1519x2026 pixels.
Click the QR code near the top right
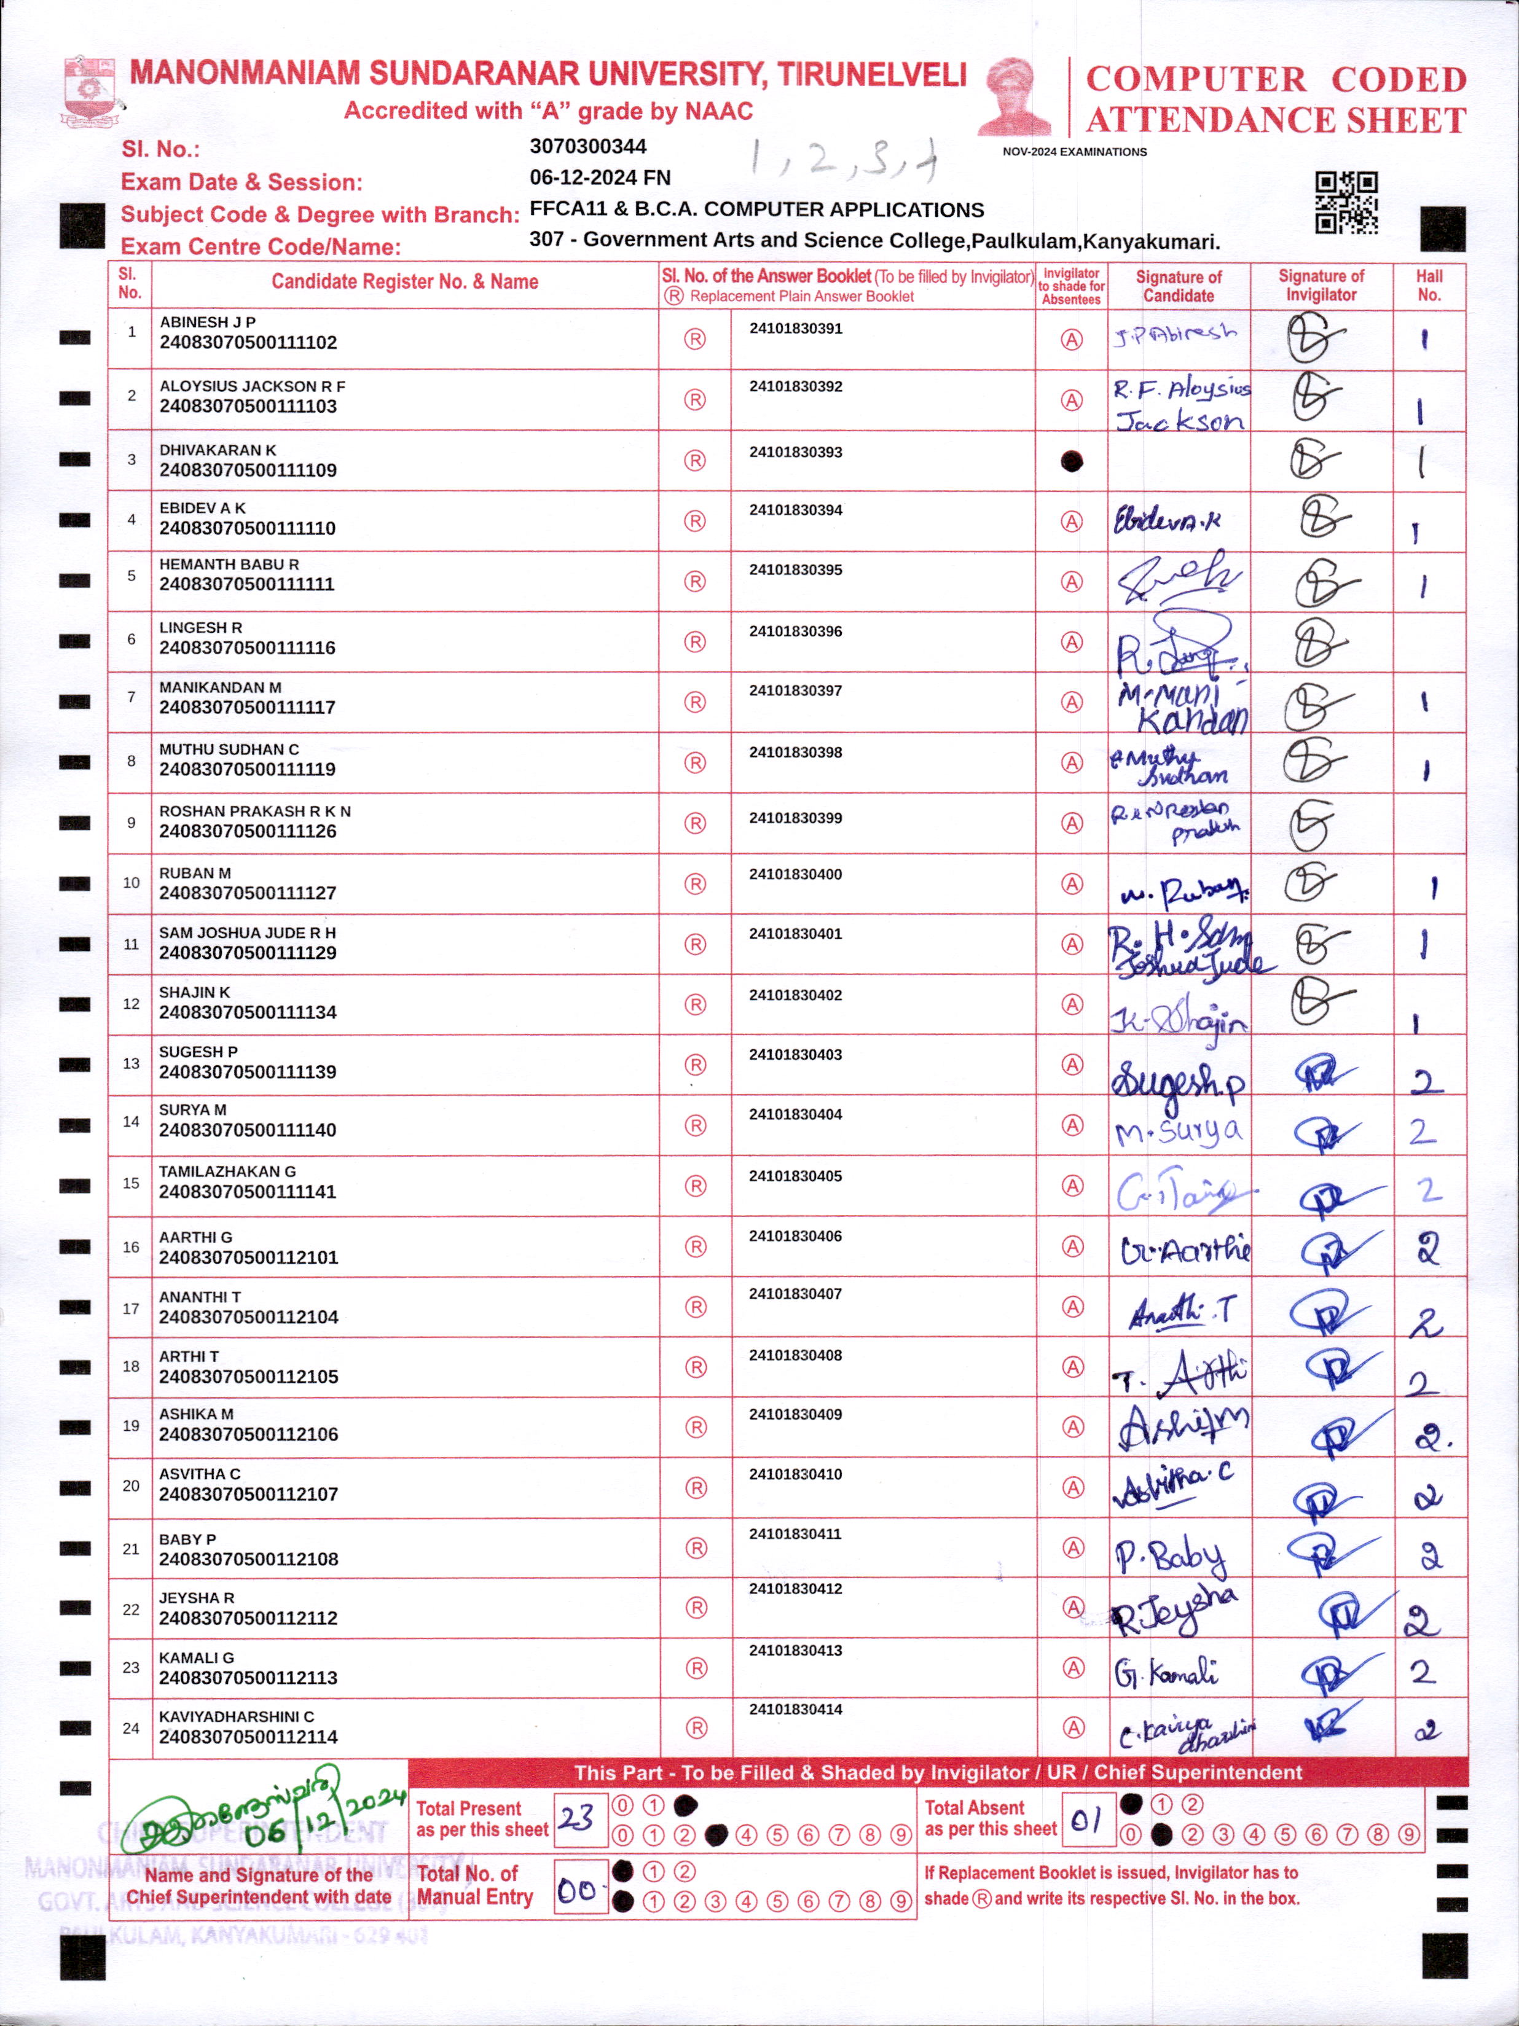coord(1346,203)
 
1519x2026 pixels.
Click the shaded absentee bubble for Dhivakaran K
coord(1071,461)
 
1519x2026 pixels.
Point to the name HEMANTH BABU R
coord(229,564)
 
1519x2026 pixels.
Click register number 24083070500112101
coord(248,1257)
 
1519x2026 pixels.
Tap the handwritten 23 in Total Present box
coord(577,1818)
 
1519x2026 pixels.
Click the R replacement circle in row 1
coord(696,340)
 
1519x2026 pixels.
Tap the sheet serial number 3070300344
coord(588,147)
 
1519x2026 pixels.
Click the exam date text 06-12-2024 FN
coord(600,178)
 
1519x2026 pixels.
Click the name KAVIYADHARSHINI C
coord(237,1716)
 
